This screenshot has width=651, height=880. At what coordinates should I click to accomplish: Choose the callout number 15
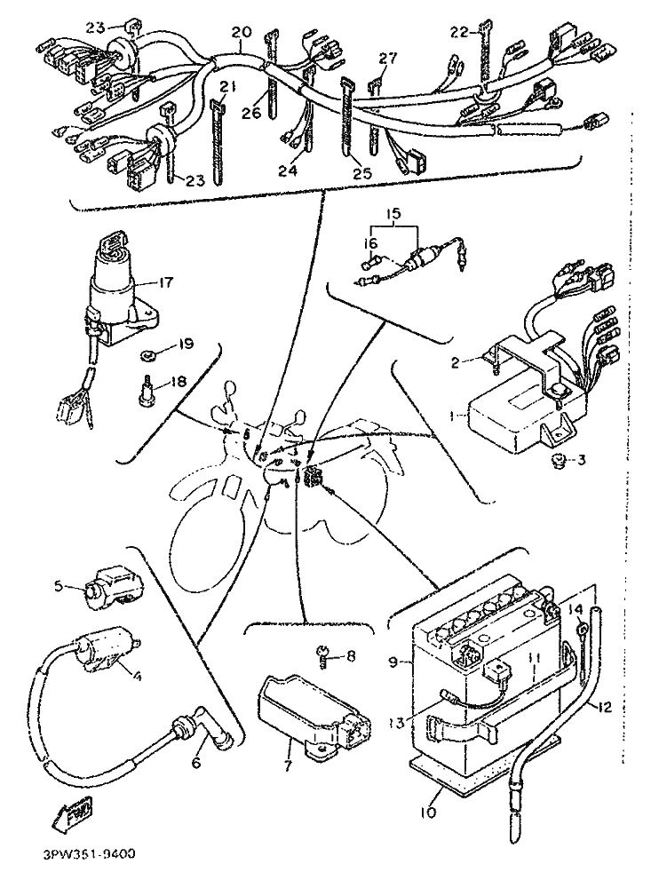pyautogui.click(x=393, y=214)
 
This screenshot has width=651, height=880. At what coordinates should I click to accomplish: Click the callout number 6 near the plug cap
pyautogui.click(x=196, y=762)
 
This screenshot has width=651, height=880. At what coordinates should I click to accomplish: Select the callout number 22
pyautogui.click(x=457, y=33)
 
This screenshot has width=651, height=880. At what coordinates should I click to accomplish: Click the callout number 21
pyautogui.click(x=228, y=86)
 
